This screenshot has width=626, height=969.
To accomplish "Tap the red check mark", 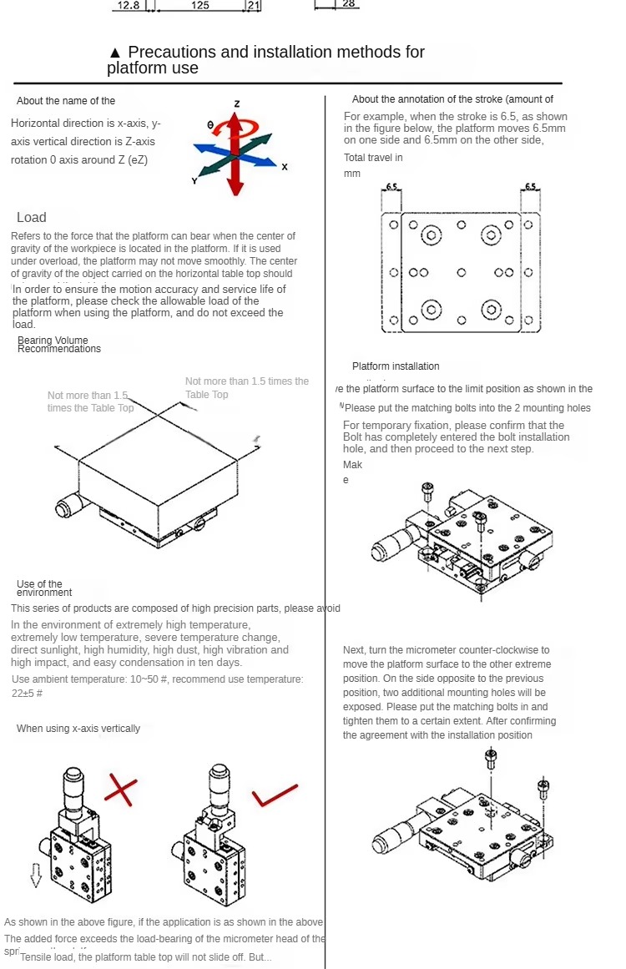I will click(275, 795).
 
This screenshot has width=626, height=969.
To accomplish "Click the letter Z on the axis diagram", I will click(237, 103).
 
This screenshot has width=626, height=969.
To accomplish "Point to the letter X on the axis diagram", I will click(285, 167).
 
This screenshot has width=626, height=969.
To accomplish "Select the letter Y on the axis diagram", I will click(194, 180).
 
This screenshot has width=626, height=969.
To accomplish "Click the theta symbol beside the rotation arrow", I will click(210, 125).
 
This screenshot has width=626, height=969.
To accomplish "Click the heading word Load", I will click(32, 217).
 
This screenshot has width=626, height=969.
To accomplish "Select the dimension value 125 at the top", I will click(200, 5).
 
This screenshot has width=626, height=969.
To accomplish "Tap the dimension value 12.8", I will click(128, 5).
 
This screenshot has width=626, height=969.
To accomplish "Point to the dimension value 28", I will click(349, 4).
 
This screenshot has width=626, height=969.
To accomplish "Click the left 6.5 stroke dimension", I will click(391, 186).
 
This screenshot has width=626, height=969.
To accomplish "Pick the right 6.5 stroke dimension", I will click(531, 186).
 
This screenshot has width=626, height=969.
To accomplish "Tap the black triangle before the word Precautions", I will click(115, 53).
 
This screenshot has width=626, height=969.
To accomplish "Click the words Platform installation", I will click(396, 366).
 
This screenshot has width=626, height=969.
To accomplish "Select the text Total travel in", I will click(373, 157).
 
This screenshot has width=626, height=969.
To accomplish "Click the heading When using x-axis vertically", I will click(78, 729).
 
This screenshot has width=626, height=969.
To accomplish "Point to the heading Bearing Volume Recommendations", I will click(59, 345).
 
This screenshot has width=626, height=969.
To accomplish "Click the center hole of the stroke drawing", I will click(461, 272).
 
